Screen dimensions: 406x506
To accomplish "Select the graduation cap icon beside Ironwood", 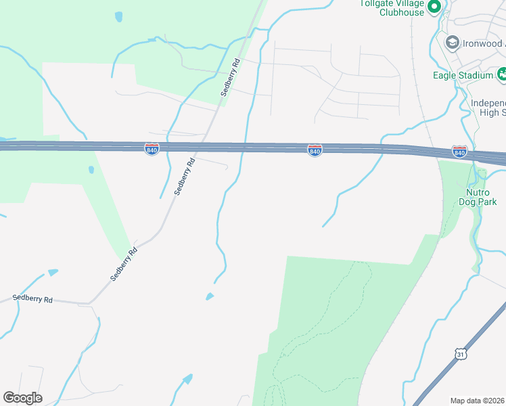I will click(451, 43).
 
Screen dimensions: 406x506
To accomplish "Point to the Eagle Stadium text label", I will click(463, 75).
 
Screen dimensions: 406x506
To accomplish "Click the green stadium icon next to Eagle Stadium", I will click(502, 74).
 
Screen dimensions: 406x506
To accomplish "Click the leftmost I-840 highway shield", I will click(152, 148).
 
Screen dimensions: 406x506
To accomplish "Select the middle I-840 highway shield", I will click(315, 150).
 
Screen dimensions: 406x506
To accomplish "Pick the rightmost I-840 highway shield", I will click(459, 152).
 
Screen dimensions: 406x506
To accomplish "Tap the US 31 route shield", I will click(460, 353).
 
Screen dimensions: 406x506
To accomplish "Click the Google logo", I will click(22, 398).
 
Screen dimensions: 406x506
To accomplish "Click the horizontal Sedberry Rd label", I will click(32, 298).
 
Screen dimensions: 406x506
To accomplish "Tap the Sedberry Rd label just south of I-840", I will click(184, 177).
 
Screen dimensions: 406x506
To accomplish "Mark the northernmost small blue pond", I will click(119, 16).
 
